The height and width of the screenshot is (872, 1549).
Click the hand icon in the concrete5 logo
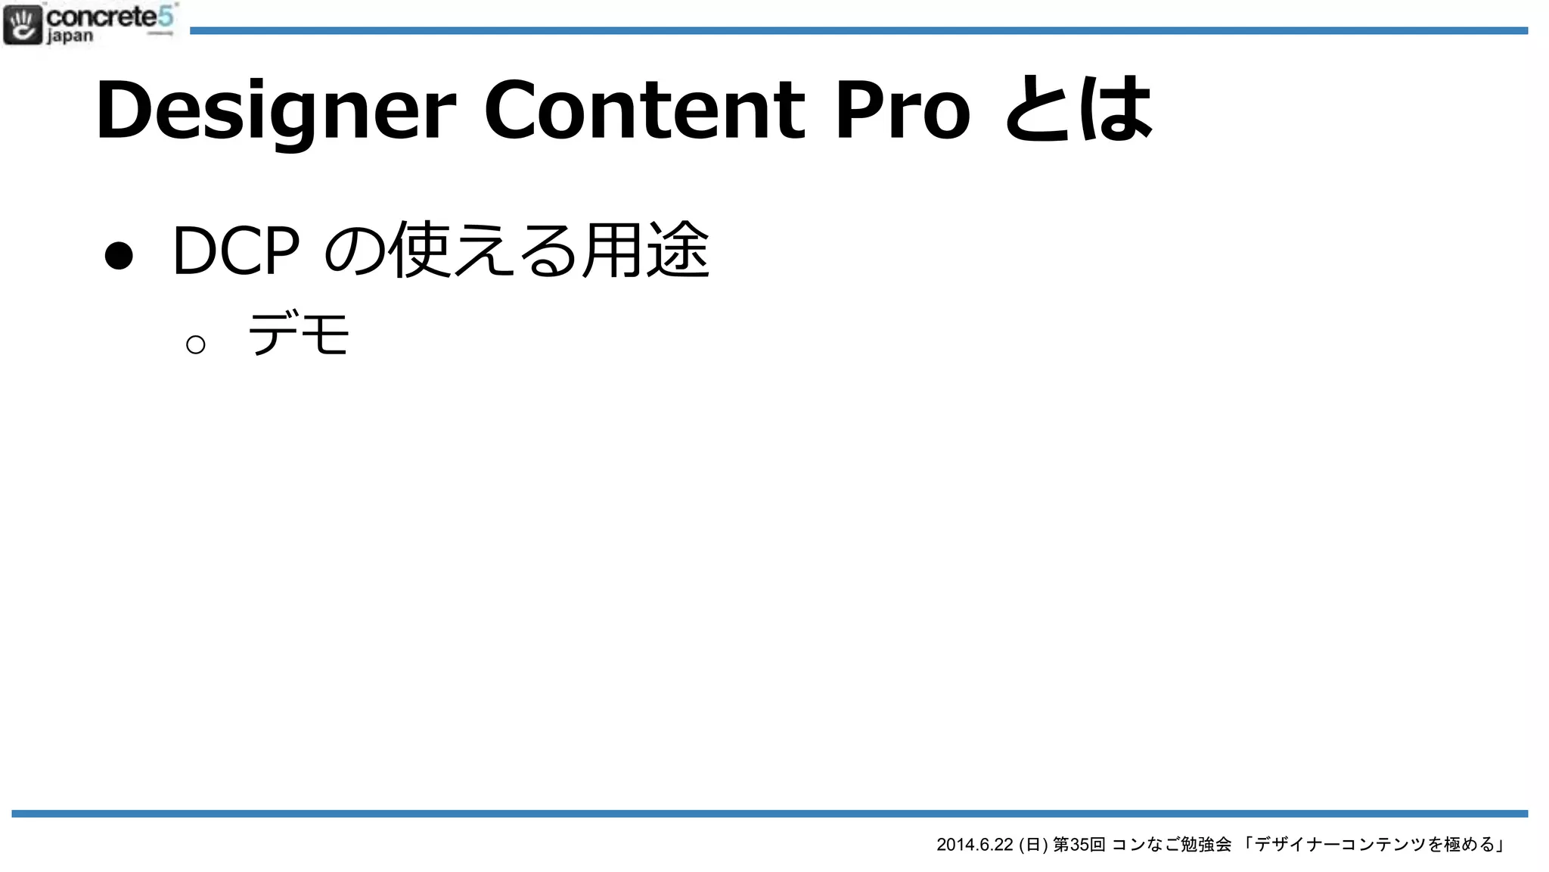(23, 24)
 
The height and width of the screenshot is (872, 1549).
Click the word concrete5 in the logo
(110, 16)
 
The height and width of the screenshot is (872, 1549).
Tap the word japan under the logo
(70, 36)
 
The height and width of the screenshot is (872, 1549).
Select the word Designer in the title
(276, 111)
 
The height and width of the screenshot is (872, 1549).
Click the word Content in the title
(644, 111)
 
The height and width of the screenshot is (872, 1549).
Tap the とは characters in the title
(1079, 111)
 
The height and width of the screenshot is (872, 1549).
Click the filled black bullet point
(119, 255)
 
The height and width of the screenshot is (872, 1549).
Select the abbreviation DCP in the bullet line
(235, 251)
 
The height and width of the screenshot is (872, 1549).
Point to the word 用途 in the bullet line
(646, 250)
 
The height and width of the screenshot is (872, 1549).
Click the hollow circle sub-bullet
(195, 345)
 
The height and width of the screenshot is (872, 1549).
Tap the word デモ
(299, 334)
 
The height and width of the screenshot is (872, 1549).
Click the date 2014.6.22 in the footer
(974, 845)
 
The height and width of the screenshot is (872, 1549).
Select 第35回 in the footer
(1079, 845)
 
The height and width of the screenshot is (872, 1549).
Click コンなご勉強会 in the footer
(1171, 845)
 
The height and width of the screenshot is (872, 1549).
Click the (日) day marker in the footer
(1033, 845)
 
